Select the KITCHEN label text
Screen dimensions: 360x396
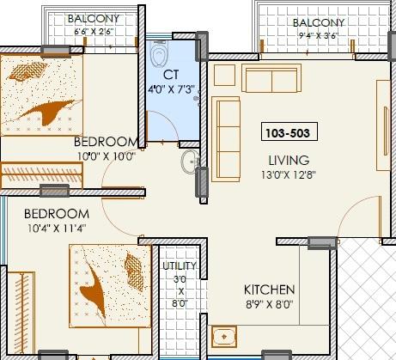pyautogui.click(x=269, y=290)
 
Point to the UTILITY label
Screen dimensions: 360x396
pyautogui.click(x=180, y=266)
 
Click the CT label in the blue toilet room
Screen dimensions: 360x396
pyautogui.click(x=170, y=74)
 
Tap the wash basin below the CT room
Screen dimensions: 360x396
pyautogui.click(x=190, y=162)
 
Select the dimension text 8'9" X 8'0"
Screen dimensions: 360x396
pyautogui.click(x=269, y=305)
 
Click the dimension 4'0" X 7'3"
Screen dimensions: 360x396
pyautogui.click(x=170, y=88)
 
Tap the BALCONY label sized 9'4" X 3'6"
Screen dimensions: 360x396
pyautogui.click(x=319, y=22)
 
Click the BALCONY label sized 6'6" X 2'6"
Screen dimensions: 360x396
pyautogui.click(x=94, y=18)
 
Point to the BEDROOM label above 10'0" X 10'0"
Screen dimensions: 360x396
pyautogui.click(x=107, y=141)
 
